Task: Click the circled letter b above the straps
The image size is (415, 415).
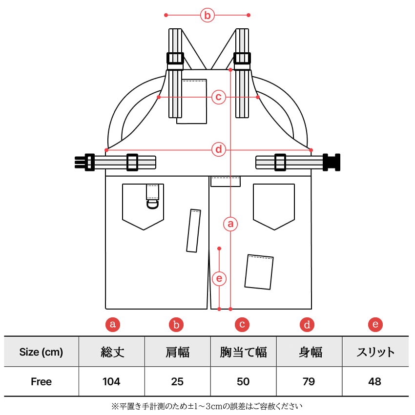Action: pos(207,16)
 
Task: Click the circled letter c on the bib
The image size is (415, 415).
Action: pos(219,97)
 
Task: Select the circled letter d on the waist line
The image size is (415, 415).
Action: pos(219,149)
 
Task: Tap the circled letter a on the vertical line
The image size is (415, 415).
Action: pos(230,224)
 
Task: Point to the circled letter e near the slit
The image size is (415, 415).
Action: pos(220,279)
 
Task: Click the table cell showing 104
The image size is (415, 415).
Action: pos(111,381)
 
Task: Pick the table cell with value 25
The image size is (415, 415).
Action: pos(177,381)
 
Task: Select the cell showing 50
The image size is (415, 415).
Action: pos(243,381)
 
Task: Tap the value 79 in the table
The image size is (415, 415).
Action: pos(309,381)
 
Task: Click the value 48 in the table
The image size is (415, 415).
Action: pos(374,381)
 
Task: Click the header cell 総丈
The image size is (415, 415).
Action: pos(112,352)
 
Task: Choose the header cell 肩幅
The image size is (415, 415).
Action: pos(177,352)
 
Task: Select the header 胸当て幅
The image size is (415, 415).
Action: pos(243,352)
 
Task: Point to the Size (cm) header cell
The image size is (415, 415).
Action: pos(41,352)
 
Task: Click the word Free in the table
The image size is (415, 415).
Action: pos(41,381)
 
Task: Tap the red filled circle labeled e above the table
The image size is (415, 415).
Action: pos(375,324)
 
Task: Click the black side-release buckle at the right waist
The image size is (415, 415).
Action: pos(332,162)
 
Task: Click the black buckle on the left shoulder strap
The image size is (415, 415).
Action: pos(175,59)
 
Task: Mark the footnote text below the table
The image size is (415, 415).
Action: pos(207,406)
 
